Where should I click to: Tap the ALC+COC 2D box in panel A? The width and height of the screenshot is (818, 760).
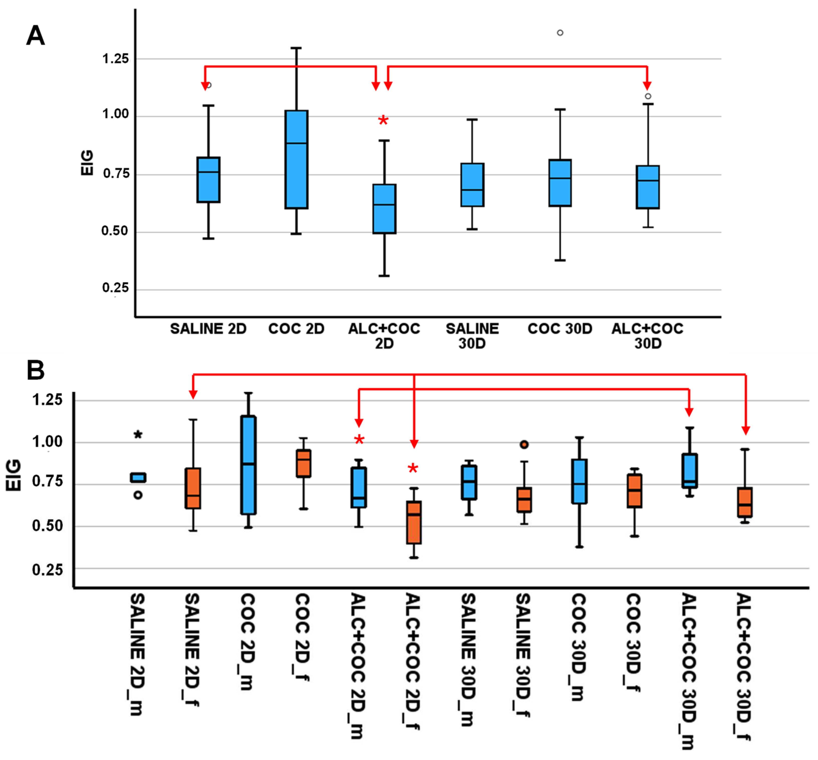click(384, 209)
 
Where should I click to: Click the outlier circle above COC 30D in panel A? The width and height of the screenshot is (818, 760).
click(560, 33)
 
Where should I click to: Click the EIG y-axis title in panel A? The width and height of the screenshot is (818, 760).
click(87, 163)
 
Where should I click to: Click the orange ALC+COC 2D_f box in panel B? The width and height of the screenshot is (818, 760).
click(414, 522)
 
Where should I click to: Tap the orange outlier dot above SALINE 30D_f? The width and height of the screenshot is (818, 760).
click(524, 445)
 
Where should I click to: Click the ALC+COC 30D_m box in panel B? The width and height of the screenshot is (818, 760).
click(690, 471)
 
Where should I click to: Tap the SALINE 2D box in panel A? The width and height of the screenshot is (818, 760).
click(208, 180)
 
